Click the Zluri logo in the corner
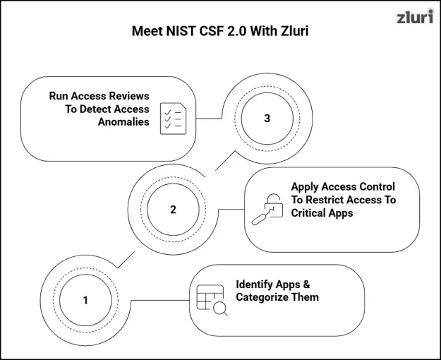[415, 17]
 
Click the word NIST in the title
[181, 30]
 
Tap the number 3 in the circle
[267, 118]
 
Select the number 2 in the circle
[173, 210]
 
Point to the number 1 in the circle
[85, 300]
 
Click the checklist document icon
[174, 119]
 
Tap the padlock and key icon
[267, 210]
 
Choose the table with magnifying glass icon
[212, 300]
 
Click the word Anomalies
[123, 122]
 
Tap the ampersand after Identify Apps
[306, 284]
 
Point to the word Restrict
[326, 200]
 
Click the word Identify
[254, 284]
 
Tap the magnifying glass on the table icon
[220, 308]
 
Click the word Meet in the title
[147, 30]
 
